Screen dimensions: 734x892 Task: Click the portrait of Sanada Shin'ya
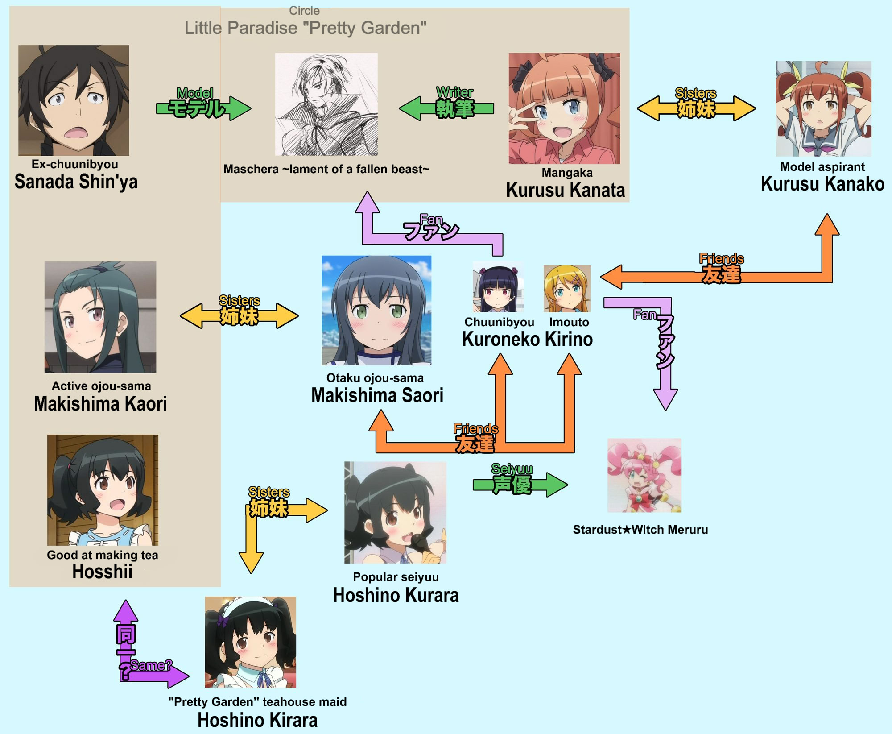point(74,100)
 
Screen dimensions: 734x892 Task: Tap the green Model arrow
point(203,108)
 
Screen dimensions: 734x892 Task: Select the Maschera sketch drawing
point(326,104)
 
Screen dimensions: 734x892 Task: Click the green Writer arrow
point(446,108)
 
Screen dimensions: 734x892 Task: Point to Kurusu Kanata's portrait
point(564,108)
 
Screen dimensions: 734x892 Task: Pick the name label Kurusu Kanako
point(822,184)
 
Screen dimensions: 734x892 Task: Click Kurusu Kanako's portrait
point(823,108)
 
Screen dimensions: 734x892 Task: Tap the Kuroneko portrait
point(498,287)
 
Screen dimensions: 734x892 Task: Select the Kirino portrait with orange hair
point(567,288)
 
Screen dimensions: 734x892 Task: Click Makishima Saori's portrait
point(376,310)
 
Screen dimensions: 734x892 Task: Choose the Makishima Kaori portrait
point(100,317)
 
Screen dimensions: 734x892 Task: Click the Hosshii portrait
point(103,490)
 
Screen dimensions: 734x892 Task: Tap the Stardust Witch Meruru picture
point(644,475)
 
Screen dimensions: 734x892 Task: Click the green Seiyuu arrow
point(520,485)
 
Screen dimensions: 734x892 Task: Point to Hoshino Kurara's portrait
point(395,512)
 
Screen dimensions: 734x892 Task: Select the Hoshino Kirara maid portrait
point(250,642)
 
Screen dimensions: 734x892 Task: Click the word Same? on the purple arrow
point(151,665)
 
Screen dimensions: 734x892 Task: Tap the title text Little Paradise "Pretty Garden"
point(306,28)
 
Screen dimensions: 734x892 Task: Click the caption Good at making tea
point(103,555)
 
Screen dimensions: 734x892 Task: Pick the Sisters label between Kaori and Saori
point(239,301)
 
